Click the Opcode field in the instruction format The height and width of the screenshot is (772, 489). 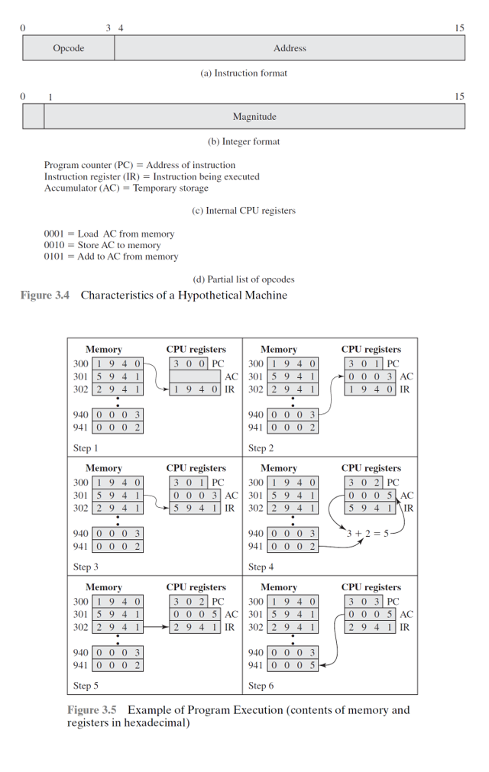coord(69,48)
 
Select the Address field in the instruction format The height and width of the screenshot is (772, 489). coord(290,48)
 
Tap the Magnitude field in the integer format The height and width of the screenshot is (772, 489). coord(254,117)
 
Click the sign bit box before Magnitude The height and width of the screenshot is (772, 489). coord(33,117)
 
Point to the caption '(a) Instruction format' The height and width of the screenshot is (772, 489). coord(244,73)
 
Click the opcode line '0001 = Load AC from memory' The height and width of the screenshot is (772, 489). coord(109,234)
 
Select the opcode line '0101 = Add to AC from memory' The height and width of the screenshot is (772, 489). coord(111,257)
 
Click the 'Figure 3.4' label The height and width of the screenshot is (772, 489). coord(45,296)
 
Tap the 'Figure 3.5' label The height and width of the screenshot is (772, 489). coord(92,710)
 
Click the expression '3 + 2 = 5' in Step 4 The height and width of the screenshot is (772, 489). coord(368,533)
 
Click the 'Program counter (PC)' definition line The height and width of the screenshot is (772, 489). coord(140,165)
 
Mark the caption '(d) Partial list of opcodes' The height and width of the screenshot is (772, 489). coord(244,279)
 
